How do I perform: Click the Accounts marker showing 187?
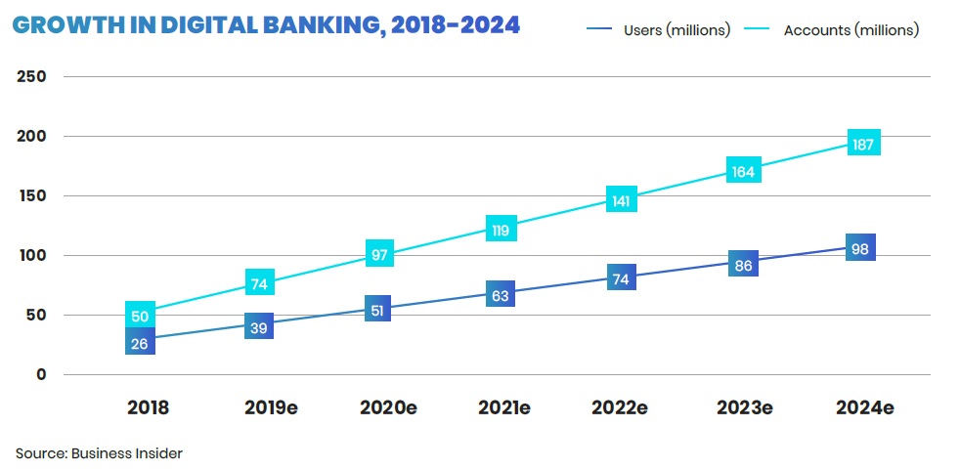coord(864,142)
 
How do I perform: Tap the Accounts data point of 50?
coord(141,315)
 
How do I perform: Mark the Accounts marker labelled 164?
coord(743,170)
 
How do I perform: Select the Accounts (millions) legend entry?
coord(851,30)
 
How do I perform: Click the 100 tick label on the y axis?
coord(33,255)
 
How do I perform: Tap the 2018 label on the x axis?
coord(148,407)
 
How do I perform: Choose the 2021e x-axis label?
coord(503,407)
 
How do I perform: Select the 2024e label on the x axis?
coord(864,407)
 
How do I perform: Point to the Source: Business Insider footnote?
coord(99,453)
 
